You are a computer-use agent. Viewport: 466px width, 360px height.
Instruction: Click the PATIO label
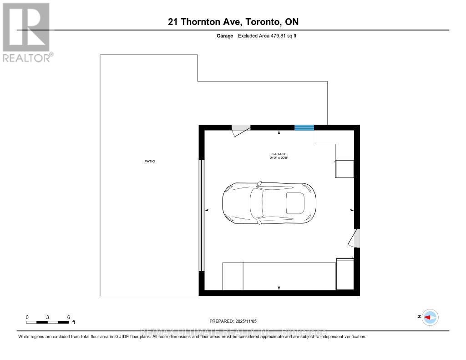coord(150,161)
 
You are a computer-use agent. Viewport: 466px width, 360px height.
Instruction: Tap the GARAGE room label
coord(279,154)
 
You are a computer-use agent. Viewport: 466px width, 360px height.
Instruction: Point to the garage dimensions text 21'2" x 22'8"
coord(279,158)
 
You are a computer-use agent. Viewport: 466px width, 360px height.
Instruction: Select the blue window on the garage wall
coord(304,127)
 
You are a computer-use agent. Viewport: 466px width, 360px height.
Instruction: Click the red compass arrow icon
coord(430,317)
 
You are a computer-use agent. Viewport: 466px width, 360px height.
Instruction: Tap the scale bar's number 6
coord(68,317)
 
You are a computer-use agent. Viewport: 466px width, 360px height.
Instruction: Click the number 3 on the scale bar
coord(48,317)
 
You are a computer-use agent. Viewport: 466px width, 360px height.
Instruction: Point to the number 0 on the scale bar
coord(27,317)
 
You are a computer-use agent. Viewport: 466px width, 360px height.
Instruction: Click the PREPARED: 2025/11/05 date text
coord(236,321)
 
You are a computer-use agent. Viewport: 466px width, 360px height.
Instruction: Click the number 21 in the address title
coord(173,22)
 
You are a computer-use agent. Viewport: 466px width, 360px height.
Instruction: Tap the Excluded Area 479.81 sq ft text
coord(268,35)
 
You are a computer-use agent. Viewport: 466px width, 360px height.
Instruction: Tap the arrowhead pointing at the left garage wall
coord(207,210)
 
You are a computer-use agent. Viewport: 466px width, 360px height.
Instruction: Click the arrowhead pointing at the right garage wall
coord(352,210)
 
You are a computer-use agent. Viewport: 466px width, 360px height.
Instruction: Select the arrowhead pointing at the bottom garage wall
coord(279,288)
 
